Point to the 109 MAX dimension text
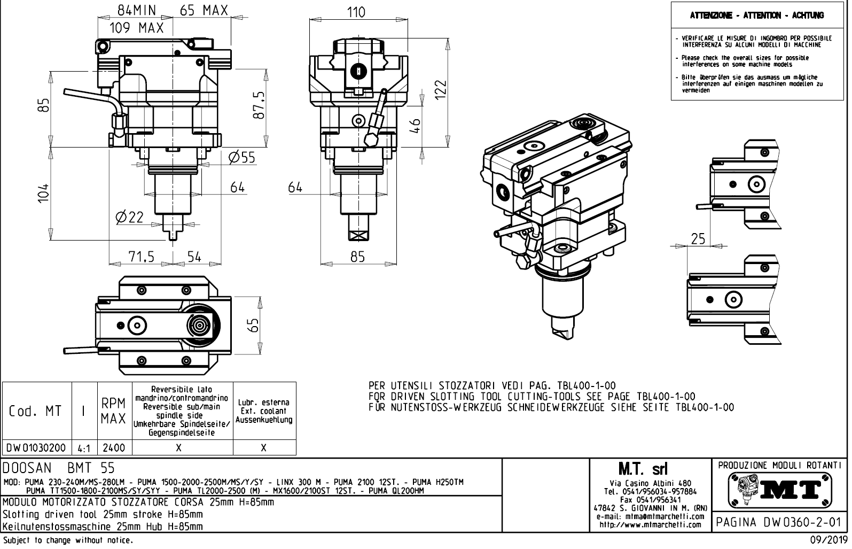coord(136,28)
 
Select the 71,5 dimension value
coord(142,257)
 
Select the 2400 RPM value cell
coord(114,448)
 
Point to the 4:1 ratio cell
coord(84,448)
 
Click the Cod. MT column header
coord(35,411)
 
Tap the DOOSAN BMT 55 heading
coord(59,468)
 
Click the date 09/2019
coord(830,541)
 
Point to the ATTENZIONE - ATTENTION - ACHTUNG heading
coord(757,16)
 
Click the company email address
coord(651,517)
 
